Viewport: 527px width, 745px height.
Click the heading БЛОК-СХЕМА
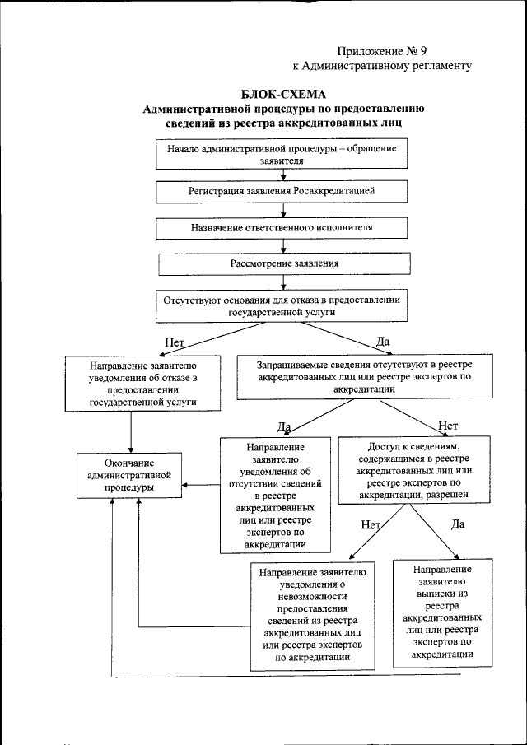pyautogui.click(x=283, y=93)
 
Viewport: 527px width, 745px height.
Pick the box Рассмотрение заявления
pyautogui.click(x=284, y=263)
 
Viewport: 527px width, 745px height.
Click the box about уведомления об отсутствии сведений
pyautogui.click(x=275, y=494)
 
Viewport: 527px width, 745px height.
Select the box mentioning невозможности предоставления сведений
pyautogui.click(x=315, y=613)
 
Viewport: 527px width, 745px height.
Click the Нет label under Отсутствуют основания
pyautogui.click(x=173, y=341)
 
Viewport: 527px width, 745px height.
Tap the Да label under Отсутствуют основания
pyautogui.click(x=383, y=341)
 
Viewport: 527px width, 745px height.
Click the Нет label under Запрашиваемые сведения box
pyautogui.click(x=448, y=425)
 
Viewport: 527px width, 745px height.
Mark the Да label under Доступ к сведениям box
pyautogui.click(x=459, y=523)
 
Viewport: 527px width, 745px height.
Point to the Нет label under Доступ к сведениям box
pyautogui.click(x=371, y=524)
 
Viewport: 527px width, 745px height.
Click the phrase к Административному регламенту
pyautogui.click(x=382, y=66)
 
